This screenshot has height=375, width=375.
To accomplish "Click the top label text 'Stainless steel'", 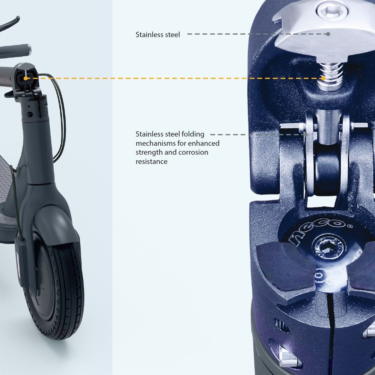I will click(x=158, y=35).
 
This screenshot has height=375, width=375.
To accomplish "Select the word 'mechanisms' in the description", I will click(x=154, y=143).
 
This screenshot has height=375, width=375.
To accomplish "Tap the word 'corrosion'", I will click(x=193, y=152).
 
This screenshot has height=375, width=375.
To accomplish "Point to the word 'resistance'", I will click(x=151, y=162).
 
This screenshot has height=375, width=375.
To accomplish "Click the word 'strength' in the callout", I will click(x=148, y=152).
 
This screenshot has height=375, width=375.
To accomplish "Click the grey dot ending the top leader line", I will click(x=328, y=34).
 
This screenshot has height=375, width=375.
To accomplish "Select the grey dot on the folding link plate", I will click(x=306, y=135).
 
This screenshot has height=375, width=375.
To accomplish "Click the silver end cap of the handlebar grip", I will click(x=29, y=48).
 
